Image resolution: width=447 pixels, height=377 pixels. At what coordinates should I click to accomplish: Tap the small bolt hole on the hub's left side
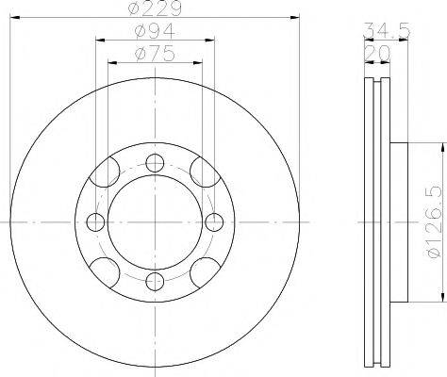point(94,221)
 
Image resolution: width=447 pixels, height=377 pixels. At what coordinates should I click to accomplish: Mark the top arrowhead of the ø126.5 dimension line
point(439,147)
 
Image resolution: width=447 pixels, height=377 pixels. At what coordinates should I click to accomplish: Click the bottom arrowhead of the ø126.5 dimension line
point(439,299)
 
